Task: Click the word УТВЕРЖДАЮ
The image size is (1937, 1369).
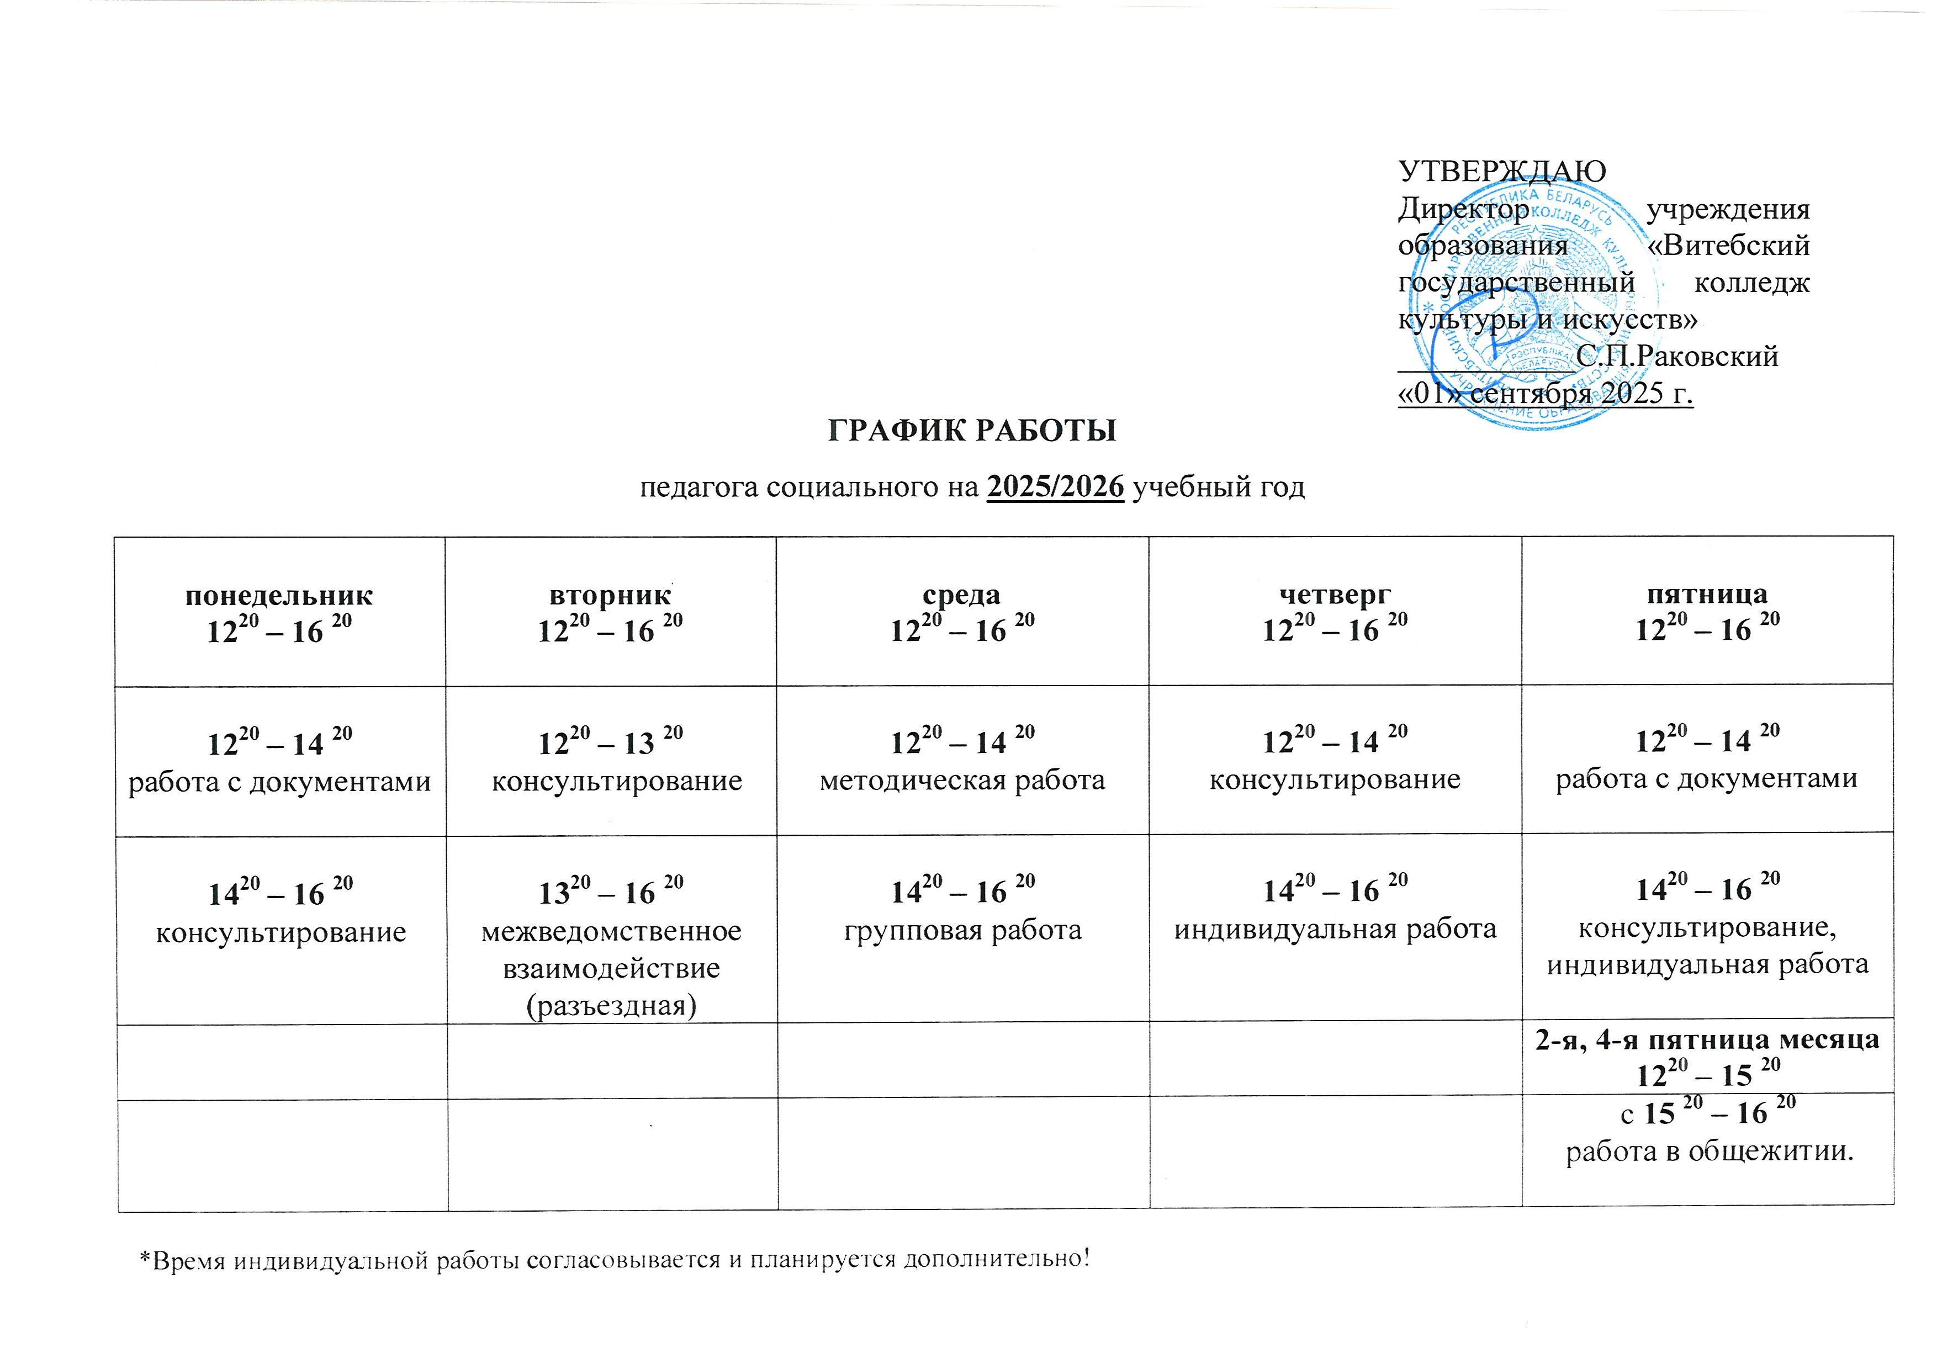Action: click(1502, 171)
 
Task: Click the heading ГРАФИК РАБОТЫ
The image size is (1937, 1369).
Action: click(972, 430)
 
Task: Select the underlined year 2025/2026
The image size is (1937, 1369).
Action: click(1055, 487)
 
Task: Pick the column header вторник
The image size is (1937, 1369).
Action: click(610, 596)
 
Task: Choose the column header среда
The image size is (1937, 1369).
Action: click(962, 595)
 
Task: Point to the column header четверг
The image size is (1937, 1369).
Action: click(1335, 594)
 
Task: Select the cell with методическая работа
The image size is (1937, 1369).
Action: click(962, 780)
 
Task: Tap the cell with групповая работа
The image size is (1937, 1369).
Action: click(962, 930)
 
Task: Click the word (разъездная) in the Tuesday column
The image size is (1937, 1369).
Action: click(611, 1005)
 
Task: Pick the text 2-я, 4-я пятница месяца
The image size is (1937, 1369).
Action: click(1707, 1039)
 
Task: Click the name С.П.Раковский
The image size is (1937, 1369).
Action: click(1676, 357)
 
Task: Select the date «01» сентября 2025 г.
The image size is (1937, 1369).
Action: click(1546, 394)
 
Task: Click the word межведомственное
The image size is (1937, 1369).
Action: click(612, 931)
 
